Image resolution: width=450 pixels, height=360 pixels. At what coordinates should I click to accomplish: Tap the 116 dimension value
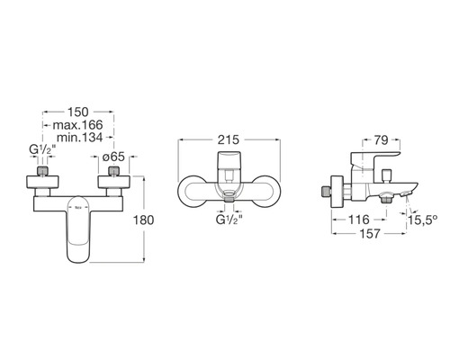(x=359, y=219)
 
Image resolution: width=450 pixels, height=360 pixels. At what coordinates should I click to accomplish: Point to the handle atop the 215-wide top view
(x=231, y=165)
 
